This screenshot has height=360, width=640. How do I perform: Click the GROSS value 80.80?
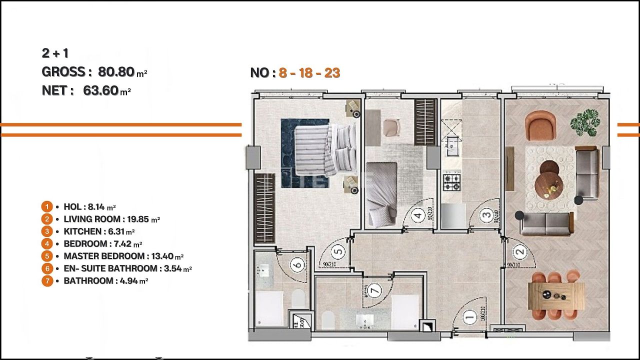click(x=116, y=72)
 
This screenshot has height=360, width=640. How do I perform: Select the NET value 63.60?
click(x=100, y=90)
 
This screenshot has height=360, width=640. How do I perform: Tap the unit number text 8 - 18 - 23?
click(x=309, y=73)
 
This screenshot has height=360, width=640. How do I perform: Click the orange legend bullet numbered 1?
click(x=46, y=206)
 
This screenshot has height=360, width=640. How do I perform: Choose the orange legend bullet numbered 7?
click(x=46, y=281)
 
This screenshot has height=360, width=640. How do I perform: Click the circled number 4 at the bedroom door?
click(x=418, y=216)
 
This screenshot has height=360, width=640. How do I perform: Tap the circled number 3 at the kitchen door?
click(x=486, y=216)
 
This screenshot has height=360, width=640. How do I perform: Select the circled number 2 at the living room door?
click(x=520, y=252)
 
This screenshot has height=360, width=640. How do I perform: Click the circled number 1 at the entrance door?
click(x=469, y=315)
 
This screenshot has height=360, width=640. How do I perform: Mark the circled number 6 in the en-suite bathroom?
click(x=298, y=264)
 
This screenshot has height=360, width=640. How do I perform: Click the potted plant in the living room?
click(x=585, y=122)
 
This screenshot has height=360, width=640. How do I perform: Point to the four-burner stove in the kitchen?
click(x=452, y=182)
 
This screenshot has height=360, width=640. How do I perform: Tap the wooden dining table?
click(x=556, y=296)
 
